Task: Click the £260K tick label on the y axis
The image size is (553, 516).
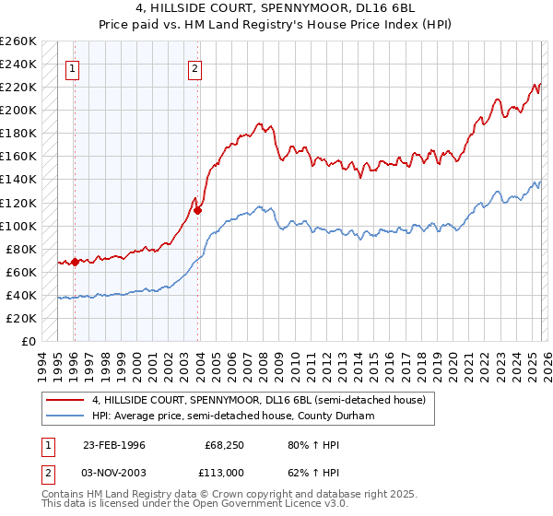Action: point(18,41)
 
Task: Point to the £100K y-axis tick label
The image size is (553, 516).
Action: point(18,226)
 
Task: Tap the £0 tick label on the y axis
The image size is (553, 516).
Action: point(29,342)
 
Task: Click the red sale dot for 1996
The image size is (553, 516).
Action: point(75,262)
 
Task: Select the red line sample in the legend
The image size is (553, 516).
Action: point(65,400)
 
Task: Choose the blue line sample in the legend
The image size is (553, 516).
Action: point(65,416)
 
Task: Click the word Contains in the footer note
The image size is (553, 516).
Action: point(63,495)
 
